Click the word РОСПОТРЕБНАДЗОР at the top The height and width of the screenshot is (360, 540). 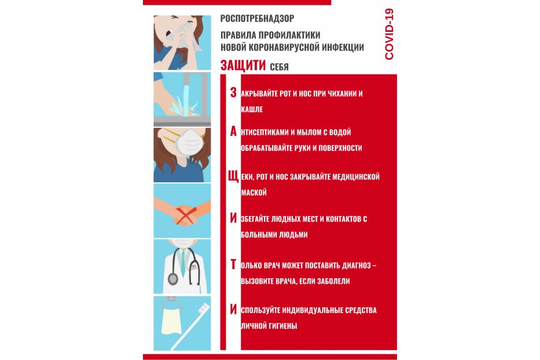[x=257, y=19]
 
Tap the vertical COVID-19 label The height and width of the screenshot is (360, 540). [x=389, y=34]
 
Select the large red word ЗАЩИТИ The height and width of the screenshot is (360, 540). [x=243, y=65]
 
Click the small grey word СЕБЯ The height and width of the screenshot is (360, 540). [x=280, y=67]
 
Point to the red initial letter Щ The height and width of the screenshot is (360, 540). [x=233, y=177]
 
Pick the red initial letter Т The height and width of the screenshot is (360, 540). [x=233, y=265]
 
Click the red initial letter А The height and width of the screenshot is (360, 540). [x=233, y=131]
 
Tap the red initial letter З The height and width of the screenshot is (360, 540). [x=233, y=93]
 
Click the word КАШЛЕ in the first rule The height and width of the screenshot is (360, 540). [x=252, y=109]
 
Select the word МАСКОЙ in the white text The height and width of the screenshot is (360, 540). [x=254, y=193]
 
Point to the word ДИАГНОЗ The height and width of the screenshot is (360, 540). [x=357, y=265]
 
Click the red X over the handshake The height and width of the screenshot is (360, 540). [x=186, y=215]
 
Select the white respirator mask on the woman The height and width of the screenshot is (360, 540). [x=189, y=142]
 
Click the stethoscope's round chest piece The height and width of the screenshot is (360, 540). [x=173, y=279]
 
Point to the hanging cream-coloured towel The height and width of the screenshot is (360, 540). [x=171, y=322]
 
